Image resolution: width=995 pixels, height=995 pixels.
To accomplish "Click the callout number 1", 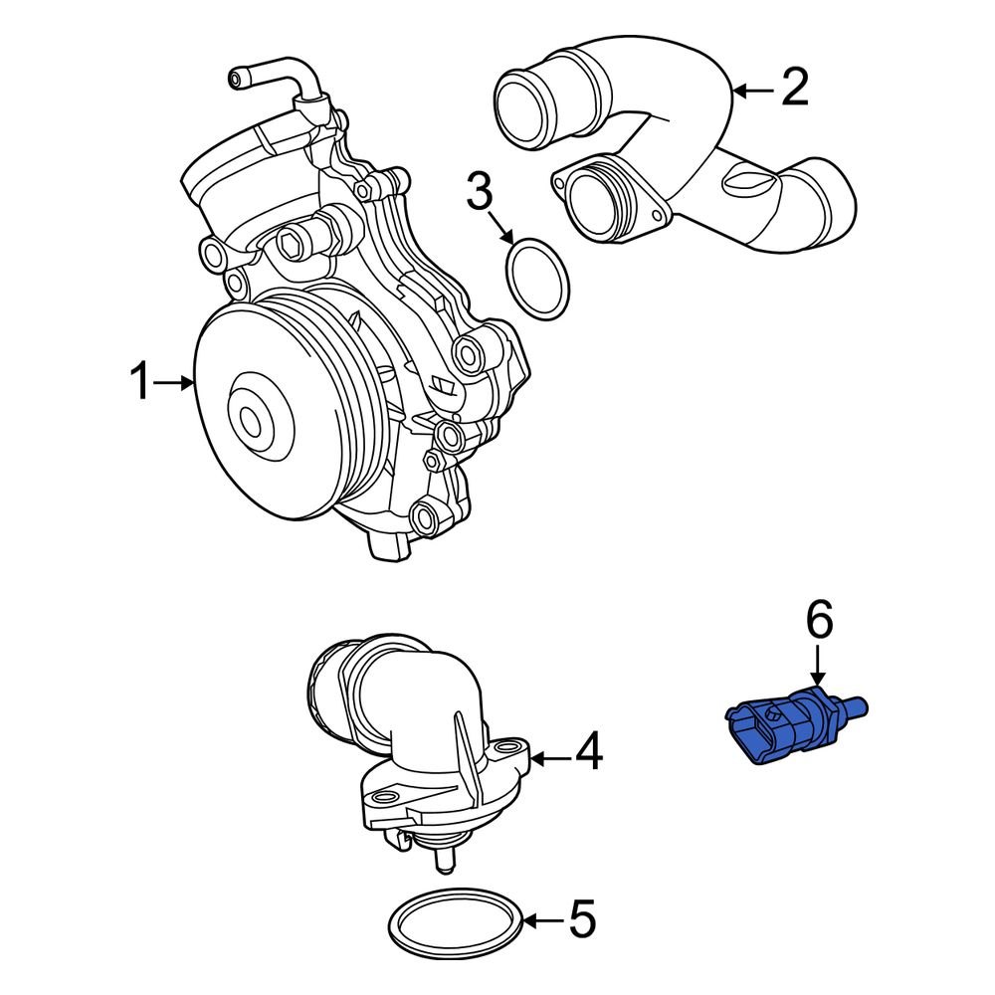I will pos(141,382).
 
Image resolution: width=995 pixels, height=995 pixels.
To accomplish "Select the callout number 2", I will pos(794,89).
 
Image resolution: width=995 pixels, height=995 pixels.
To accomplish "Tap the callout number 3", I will pos(481,193).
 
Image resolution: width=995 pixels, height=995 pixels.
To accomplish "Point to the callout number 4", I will pos(589,753).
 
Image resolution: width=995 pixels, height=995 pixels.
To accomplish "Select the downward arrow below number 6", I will pos(817,665).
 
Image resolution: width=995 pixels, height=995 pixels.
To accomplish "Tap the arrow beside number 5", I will pos(542,920).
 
